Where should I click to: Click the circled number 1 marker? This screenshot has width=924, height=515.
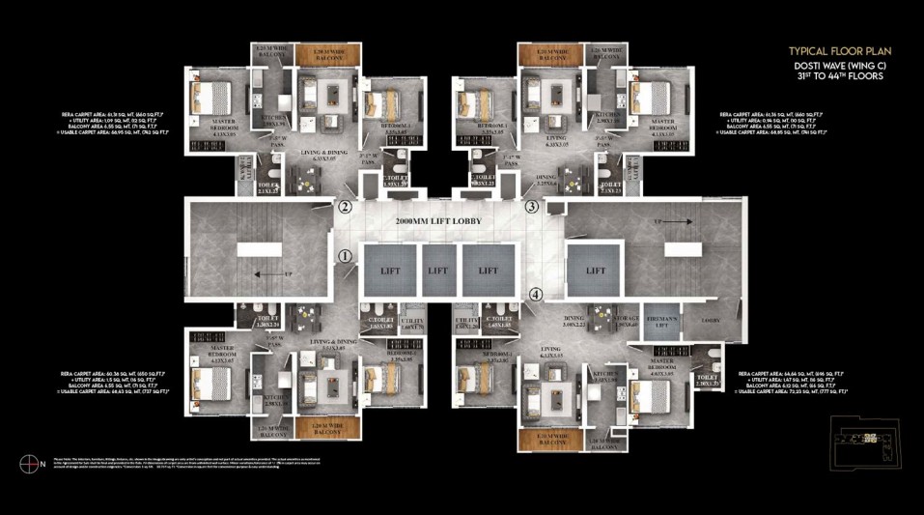point(345,256)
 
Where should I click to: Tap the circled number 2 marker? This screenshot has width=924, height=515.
point(345,207)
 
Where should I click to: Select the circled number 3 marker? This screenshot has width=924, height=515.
point(531,207)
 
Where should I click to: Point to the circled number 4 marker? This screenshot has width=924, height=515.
point(537,295)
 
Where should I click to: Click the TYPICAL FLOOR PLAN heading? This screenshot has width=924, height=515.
point(839,50)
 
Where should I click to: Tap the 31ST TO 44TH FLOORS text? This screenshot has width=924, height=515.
point(837,74)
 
